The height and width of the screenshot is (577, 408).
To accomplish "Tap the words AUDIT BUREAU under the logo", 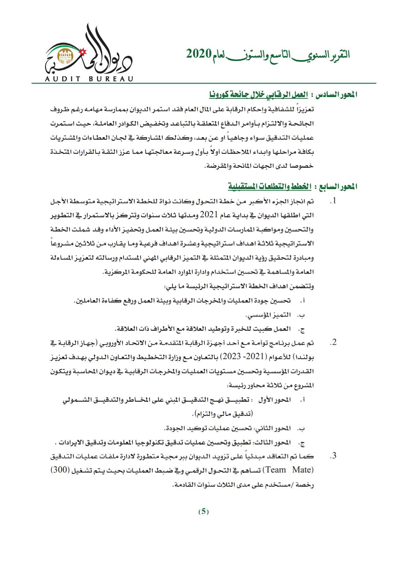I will click(x=87, y=79).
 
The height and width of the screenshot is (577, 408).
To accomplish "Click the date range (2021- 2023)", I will click(x=237, y=357).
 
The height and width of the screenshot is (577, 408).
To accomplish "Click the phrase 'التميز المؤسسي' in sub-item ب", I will click(x=268, y=315).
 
